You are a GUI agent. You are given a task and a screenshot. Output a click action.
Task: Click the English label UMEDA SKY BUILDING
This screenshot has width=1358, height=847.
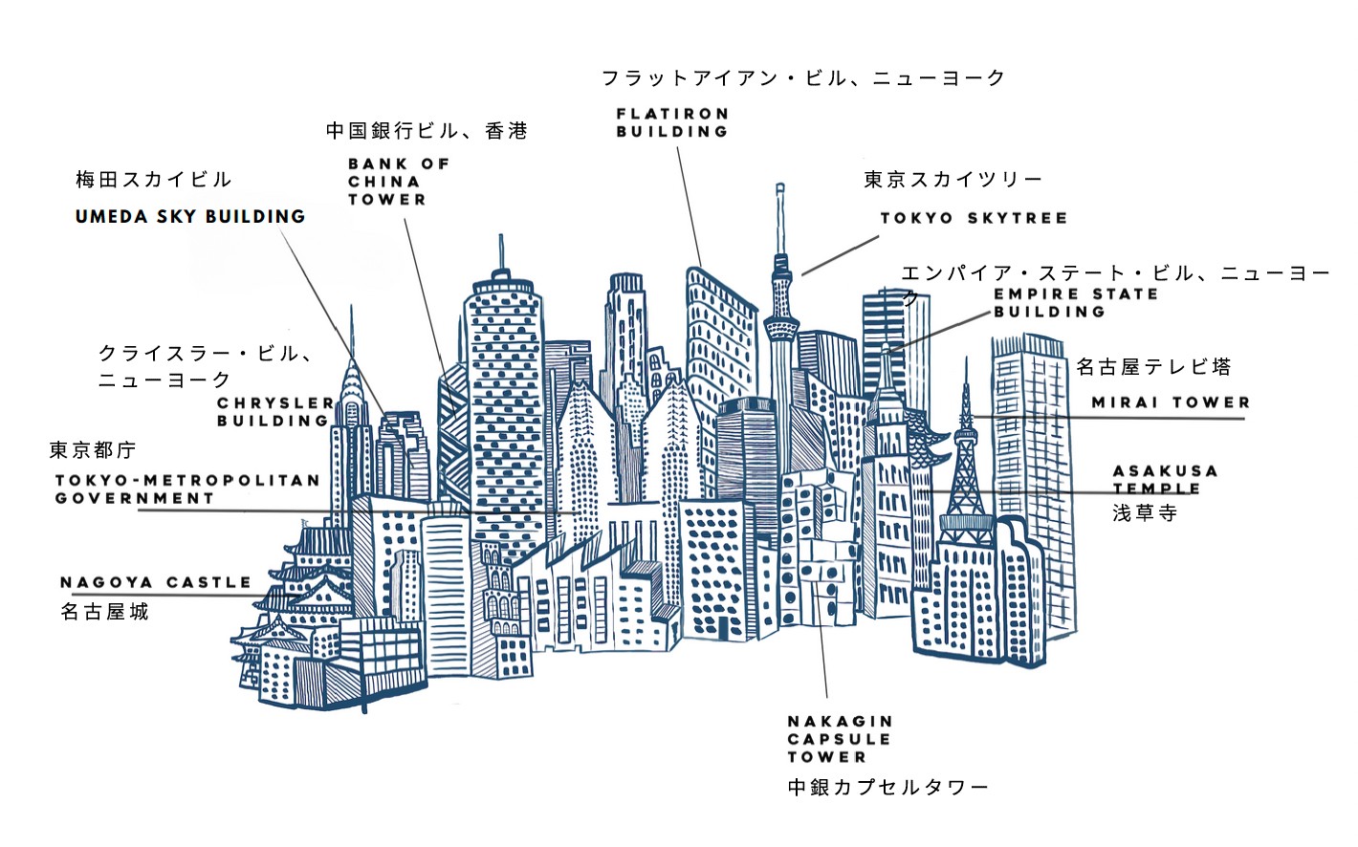point(190,217)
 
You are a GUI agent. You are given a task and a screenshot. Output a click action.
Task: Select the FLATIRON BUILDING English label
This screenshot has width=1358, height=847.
point(672,123)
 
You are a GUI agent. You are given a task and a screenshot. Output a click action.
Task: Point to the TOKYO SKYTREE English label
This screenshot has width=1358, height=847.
point(974,219)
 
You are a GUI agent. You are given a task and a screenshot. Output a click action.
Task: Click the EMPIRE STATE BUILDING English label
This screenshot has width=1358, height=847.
point(1075,303)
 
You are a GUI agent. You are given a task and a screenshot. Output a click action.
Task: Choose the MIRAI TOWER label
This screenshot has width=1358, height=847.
point(1171,403)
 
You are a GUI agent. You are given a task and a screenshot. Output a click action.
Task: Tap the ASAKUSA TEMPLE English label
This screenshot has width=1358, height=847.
point(1165,480)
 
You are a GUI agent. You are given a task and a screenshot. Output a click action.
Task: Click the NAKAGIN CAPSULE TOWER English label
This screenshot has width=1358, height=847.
point(840,739)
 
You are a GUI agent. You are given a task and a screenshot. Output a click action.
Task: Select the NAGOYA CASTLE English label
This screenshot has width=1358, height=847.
point(156,582)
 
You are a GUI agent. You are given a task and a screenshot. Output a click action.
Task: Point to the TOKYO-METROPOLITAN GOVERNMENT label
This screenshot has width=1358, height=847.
point(187,489)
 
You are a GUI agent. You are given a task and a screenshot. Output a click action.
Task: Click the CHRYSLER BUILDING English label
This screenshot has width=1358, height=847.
point(275,412)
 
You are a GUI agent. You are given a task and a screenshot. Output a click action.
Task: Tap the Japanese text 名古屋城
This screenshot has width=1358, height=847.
point(105,612)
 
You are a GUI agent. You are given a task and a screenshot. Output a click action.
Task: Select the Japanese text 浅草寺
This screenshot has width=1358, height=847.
point(1145,513)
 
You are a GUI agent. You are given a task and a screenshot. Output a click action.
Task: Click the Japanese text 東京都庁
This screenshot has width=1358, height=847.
point(93,450)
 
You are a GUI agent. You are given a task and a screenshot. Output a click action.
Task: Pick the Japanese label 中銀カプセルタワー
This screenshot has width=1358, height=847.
point(887,788)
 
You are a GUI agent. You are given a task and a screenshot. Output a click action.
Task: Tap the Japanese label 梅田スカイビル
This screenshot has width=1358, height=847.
point(154,180)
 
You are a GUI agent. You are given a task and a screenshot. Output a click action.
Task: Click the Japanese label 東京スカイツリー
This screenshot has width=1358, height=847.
point(953,180)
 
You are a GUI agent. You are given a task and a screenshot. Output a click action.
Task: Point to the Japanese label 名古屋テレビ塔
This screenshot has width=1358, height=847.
point(1153,367)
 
